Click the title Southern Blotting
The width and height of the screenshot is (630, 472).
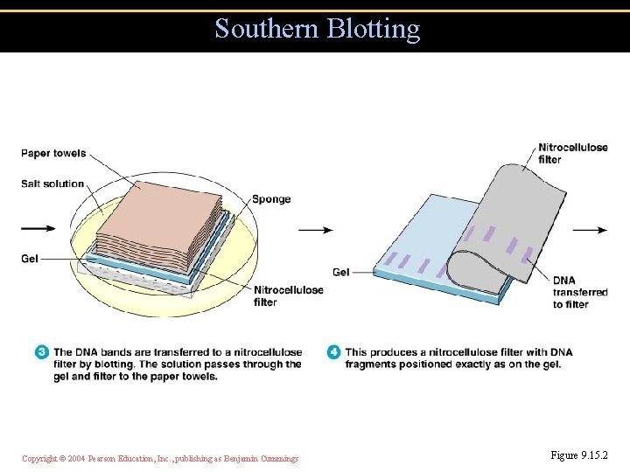tap(317, 29)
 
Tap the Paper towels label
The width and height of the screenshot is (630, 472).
tap(53, 154)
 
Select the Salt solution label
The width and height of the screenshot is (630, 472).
tap(52, 184)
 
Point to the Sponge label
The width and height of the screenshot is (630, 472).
tap(271, 199)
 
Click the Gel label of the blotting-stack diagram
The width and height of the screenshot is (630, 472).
tap(30, 259)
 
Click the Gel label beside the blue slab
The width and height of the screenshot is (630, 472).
tap(341, 273)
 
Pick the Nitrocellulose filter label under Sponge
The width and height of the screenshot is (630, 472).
tap(288, 296)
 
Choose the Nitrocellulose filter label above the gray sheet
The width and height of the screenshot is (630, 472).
tap(572, 154)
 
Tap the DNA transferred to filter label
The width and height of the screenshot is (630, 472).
tap(579, 292)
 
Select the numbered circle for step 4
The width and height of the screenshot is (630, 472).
tap(333, 352)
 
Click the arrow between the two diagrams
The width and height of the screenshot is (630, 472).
tap(315, 231)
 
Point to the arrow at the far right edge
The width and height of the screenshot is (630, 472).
tap(590, 231)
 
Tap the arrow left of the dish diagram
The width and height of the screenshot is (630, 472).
tap(38, 229)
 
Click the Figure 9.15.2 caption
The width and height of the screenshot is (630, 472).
tap(578, 455)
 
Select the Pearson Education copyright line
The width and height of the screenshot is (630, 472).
tap(160, 458)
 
